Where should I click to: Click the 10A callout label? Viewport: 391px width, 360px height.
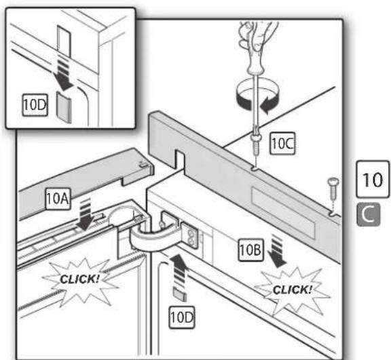point(58,199)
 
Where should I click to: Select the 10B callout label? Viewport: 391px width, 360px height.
point(250,249)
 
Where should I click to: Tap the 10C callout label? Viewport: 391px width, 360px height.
point(282,144)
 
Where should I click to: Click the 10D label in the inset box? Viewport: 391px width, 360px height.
point(35,105)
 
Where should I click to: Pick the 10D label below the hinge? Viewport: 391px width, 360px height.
point(182,317)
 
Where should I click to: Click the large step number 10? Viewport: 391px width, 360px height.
point(373,180)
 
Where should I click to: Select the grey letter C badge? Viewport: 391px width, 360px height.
point(369,214)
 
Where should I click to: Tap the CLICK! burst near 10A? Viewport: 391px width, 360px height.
point(80,279)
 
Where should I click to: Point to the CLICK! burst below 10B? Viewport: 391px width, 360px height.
point(293,289)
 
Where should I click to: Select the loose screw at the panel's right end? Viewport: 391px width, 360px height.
point(333,188)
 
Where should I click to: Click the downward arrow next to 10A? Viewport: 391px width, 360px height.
point(86,214)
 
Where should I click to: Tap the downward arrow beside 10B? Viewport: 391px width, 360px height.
point(276,251)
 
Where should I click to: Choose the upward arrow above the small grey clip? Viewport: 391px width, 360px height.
point(178,269)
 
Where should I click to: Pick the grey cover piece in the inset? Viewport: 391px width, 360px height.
point(64,108)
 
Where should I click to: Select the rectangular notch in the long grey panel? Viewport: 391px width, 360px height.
point(180,160)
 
